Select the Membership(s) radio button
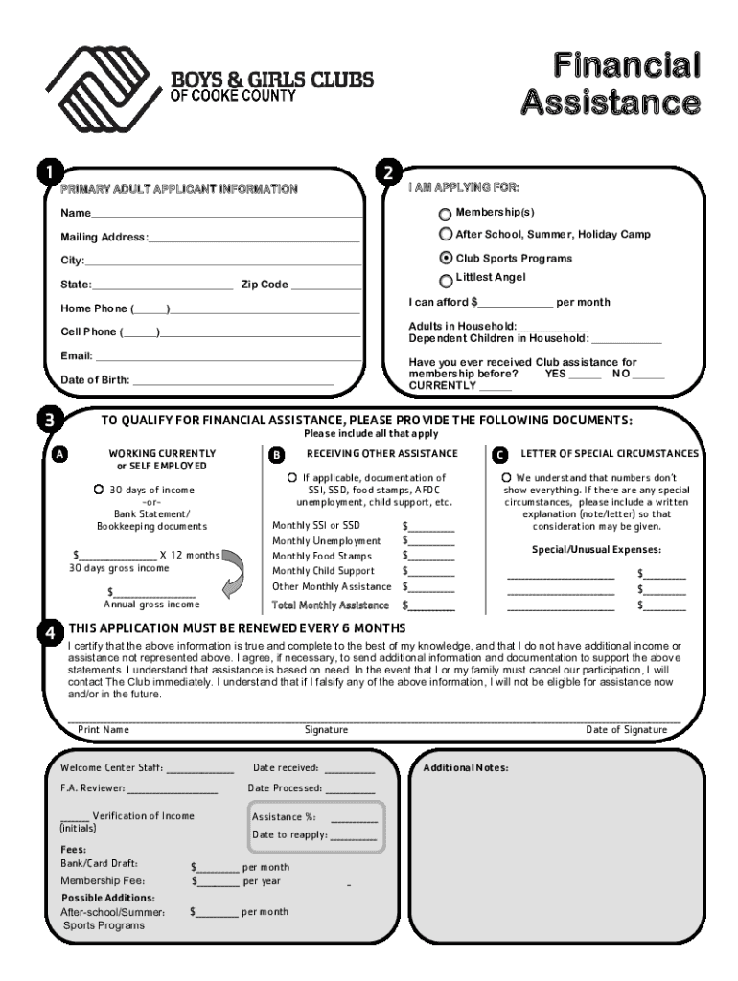click(446, 213)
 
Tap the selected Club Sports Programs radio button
click(446, 258)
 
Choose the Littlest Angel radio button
click(446, 280)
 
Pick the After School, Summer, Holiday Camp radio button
click(446, 235)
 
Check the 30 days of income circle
click(99, 490)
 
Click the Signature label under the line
click(326, 730)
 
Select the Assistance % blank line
click(354, 820)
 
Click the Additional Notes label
click(466, 768)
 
